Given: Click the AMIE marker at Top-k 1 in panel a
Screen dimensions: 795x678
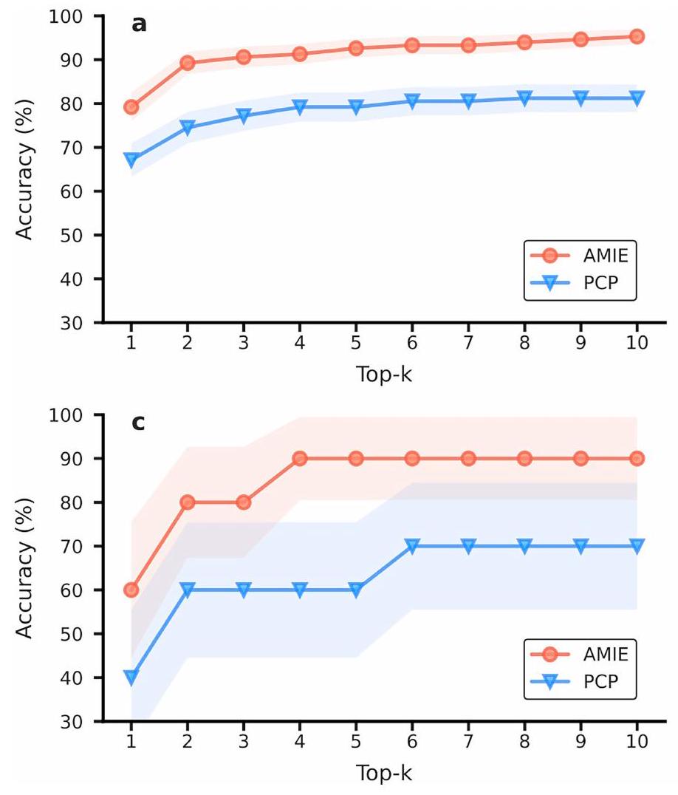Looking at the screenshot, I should point(131,107).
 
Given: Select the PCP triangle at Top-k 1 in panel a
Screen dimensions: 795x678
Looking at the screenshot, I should point(131,160).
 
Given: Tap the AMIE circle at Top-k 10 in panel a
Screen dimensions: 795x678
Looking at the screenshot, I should point(637,36).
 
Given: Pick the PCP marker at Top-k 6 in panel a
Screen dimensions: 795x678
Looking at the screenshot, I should point(412,100).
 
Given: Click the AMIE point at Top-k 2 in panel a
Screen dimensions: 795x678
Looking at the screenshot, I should point(188,63).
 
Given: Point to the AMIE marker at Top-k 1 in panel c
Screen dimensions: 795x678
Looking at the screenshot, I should point(131,590).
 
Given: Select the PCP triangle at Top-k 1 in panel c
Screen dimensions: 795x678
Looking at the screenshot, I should point(131,677).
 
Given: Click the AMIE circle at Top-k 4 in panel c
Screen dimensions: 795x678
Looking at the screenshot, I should point(300,458).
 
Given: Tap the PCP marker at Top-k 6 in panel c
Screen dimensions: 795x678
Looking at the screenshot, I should point(412,546).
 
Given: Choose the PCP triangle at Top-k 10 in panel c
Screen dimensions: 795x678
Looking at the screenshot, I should point(637,546).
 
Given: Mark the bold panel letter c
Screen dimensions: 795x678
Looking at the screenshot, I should point(138,424).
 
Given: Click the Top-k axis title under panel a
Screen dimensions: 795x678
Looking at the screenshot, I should point(383,375).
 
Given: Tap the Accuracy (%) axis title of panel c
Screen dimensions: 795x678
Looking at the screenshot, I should point(26,567).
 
